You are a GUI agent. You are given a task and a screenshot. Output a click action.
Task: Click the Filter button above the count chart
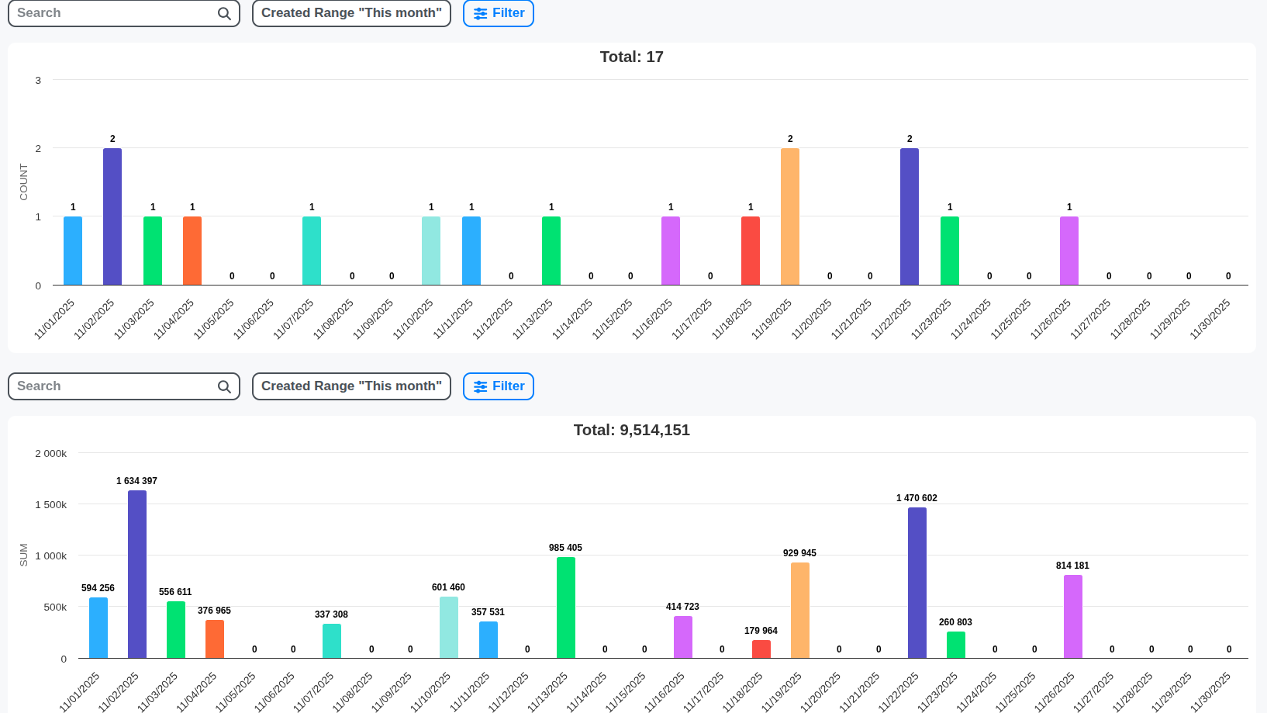[499, 13]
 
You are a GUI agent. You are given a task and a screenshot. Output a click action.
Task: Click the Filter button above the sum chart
[499, 386]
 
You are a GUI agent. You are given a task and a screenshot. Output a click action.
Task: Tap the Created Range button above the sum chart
[351, 386]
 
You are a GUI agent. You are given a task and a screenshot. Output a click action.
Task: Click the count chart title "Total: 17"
[631, 57]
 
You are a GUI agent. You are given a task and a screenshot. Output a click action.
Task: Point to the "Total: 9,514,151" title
[631, 430]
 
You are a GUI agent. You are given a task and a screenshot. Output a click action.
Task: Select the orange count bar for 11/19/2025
[790, 216]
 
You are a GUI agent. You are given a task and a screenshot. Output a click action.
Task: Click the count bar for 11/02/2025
[112, 216]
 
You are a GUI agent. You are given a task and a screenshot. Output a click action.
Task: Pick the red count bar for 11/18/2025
[751, 251]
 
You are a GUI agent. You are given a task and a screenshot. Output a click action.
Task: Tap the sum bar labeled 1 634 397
[137, 574]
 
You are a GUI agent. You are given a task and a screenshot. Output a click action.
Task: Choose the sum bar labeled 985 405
[566, 607]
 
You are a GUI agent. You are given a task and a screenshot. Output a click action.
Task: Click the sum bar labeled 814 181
[1073, 616]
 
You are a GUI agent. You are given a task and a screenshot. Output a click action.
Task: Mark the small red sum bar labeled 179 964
[761, 649]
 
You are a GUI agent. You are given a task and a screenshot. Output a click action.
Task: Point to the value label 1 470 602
[917, 498]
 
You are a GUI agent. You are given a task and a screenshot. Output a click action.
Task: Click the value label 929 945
[799, 553]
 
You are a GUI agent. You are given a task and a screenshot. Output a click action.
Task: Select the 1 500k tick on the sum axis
[51, 504]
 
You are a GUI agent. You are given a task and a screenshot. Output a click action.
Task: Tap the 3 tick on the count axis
[38, 80]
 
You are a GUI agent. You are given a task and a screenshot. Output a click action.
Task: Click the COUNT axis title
[23, 182]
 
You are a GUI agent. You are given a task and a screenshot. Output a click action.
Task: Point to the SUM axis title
[23, 555]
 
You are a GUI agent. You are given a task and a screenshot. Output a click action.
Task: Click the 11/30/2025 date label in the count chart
[1211, 319]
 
